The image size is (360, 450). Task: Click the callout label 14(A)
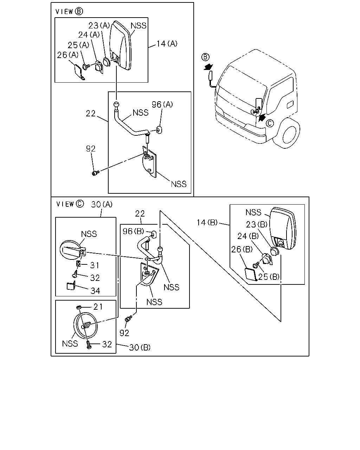(x=167, y=44)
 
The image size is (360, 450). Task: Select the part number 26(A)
(x=67, y=55)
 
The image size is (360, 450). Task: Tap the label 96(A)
(x=162, y=104)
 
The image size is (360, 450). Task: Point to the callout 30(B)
(x=140, y=348)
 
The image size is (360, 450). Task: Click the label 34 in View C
(x=95, y=291)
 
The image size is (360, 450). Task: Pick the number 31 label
(x=95, y=265)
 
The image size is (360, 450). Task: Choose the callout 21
(x=98, y=307)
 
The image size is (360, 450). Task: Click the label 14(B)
(x=207, y=223)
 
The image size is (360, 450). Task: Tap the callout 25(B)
(x=269, y=277)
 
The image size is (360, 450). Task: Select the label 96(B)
(x=134, y=231)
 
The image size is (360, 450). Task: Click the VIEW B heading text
(x=69, y=11)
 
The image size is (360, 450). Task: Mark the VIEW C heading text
(x=70, y=204)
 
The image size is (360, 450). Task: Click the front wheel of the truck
(x=289, y=133)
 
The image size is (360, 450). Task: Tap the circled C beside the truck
(x=270, y=123)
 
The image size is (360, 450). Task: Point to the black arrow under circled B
(x=208, y=67)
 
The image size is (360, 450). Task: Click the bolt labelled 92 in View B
(x=95, y=173)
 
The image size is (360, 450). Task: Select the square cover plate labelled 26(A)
(x=79, y=72)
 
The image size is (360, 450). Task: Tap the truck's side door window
(x=281, y=93)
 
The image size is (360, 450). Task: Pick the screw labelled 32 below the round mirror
(x=89, y=345)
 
